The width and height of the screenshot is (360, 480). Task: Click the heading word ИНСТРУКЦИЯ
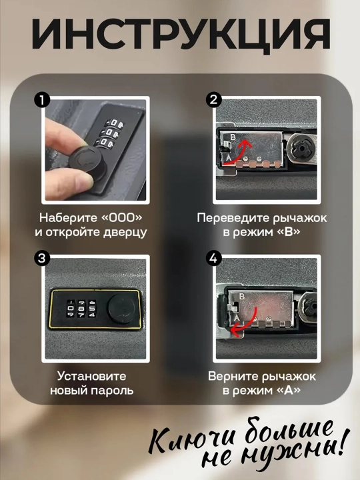click(x=181, y=33)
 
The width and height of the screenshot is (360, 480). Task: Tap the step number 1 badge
click(x=42, y=100)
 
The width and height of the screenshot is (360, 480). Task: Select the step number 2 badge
click(x=213, y=100)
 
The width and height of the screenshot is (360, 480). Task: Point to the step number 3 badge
click(x=42, y=258)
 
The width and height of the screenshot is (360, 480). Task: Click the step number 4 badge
click(x=213, y=258)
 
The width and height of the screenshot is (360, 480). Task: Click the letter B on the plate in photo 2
click(x=233, y=137)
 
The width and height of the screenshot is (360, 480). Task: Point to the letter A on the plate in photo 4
click(x=236, y=318)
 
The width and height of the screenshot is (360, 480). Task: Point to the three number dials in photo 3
click(x=81, y=308)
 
